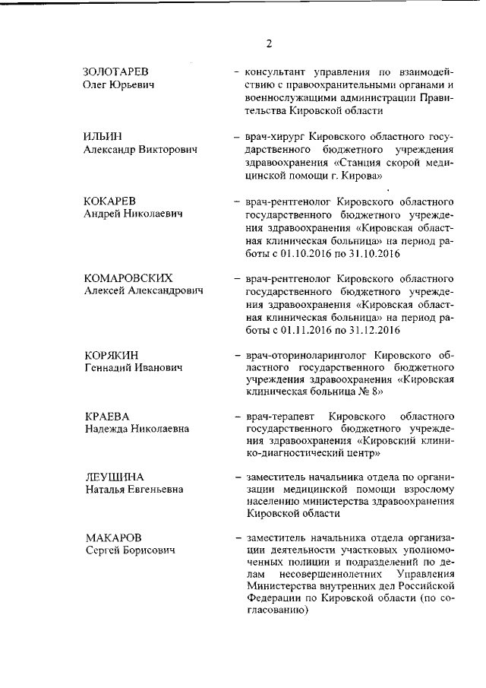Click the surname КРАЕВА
coord(107,417)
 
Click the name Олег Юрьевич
coord(118,84)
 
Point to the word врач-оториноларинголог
coord(305,355)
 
